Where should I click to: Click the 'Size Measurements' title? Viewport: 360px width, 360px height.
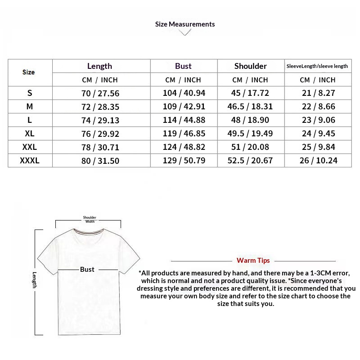(x=185, y=24)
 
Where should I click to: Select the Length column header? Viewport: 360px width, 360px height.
(x=99, y=66)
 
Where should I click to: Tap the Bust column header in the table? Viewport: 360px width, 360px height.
(x=183, y=66)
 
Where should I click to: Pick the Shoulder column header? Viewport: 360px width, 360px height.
(x=250, y=66)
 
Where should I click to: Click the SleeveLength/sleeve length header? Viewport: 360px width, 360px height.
(x=317, y=66)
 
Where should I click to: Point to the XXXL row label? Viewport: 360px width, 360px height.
(x=30, y=161)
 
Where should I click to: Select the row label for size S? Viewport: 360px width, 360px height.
(x=30, y=93)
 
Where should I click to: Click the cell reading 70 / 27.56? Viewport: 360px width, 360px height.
(x=100, y=93)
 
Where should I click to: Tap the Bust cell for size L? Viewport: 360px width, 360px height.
(x=184, y=120)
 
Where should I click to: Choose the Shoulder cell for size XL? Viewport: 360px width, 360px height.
(x=250, y=134)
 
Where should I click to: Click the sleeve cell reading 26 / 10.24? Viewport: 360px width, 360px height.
(x=318, y=161)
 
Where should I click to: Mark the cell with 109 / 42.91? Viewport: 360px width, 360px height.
(x=184, y=107)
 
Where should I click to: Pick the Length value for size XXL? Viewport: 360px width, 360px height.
(x=100, y=147)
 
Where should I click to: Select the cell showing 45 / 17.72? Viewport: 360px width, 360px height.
(x=250, y=93)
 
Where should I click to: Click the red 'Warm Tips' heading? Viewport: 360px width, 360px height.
(x=253, y=261)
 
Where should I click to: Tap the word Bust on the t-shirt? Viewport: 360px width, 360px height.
(x=87, y=270)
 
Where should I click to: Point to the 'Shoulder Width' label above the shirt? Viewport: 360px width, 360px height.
(x=90, y=220)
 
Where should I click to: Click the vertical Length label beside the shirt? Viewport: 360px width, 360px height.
(x=34, y=280)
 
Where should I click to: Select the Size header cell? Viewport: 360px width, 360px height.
(x=28, y=72)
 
